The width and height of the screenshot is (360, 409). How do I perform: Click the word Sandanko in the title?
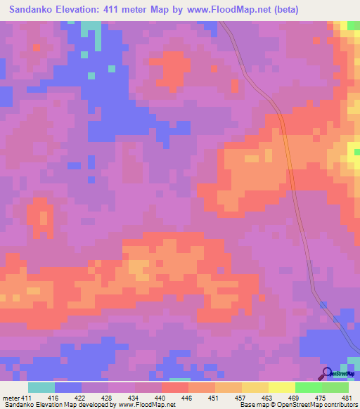coord(33,9)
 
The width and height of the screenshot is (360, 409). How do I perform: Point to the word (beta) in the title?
coord(285,9)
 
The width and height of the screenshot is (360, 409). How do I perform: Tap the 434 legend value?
coord(136,397)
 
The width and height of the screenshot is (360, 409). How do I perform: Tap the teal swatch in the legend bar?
coord(41,387)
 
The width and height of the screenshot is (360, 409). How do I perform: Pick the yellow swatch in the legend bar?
coord(281,387)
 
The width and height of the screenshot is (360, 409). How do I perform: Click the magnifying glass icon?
coord(326,372)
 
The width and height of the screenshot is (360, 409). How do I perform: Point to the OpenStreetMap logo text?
coord(342,374)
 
